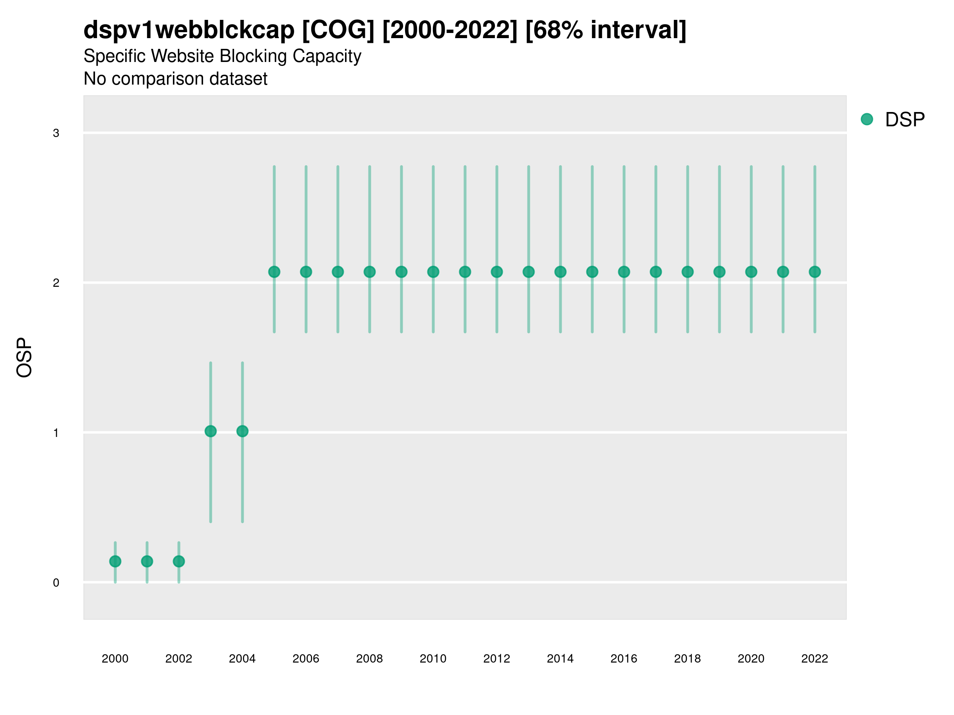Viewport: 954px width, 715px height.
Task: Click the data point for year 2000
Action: click(115, 561)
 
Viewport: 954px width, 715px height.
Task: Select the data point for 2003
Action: click(210, 431)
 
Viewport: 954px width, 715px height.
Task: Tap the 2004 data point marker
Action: click(242, 431)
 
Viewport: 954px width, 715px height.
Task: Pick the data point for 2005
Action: click(274, 272)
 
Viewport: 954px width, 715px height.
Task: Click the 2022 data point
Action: click(815, 272)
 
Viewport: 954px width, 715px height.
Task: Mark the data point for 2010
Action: click(433, 272)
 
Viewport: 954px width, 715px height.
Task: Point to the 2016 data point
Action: click(624, 272)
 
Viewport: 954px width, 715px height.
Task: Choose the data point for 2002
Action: click(179, 561)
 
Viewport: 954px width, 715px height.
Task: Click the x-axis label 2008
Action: click(370, 659)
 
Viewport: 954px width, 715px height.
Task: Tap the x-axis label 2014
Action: click(560, 659)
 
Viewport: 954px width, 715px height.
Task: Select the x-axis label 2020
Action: click(751, 659)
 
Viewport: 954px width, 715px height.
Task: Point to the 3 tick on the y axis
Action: click(56, 133)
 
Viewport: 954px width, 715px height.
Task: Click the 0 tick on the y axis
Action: click(56, 583)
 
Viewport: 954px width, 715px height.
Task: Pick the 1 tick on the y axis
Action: click(56, 433)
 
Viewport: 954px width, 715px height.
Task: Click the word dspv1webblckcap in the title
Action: click(189, 30)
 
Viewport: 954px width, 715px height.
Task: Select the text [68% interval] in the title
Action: click(605, 30)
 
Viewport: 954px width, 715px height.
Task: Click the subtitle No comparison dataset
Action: click(176, 79)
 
